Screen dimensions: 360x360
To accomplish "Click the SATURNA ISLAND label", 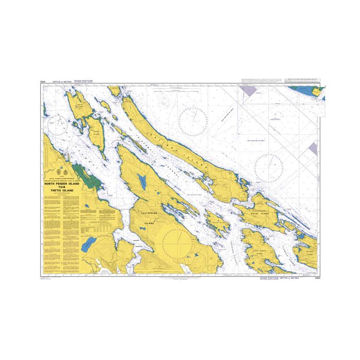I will coord(309,253).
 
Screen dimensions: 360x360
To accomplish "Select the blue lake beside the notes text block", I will coord(90,242).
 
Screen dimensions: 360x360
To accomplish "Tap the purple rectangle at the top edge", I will coord(248,90).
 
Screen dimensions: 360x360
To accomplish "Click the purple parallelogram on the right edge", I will coord(313,149).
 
